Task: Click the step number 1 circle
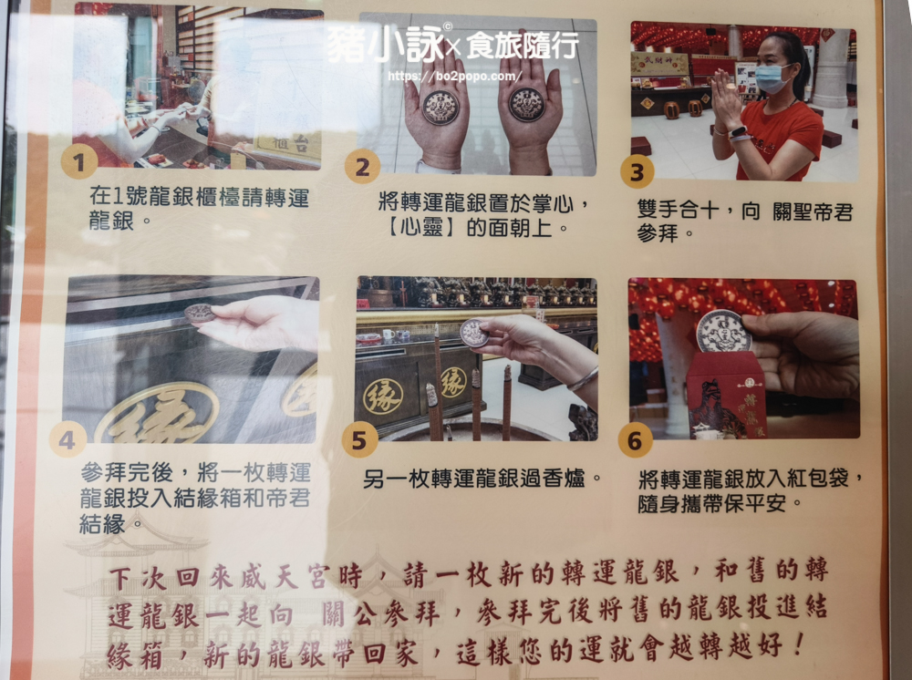click(x=79, y=161)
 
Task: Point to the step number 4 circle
click(x=67, y=439)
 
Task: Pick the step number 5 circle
click(x=359, y=439)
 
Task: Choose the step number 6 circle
click(x=635, y=440)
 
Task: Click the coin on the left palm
click(x=440, y=107)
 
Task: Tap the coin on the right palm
click(x=527, y=105)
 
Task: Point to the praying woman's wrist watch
click(x=737, y=132)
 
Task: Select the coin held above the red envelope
click(x=724, y=332)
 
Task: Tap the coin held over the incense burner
click(x=474, y=333)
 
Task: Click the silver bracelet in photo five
click(x=582, y=379)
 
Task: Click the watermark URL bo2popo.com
click(x=453, y=77)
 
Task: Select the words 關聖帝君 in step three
click(x=813, y=211)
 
